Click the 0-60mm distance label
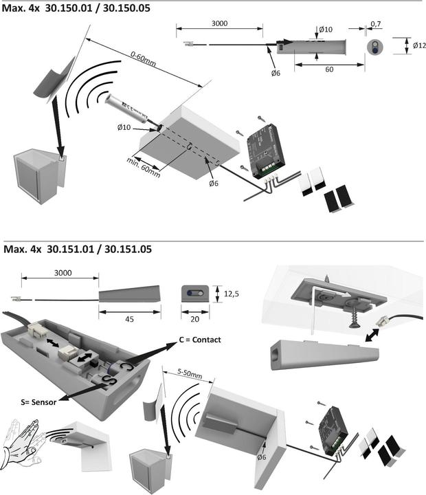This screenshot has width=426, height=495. coord(144,58)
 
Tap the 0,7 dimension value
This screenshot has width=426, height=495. coord(375,24)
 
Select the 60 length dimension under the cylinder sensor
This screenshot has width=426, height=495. coord(329,70)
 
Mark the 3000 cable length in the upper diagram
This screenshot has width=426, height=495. coord(219,23)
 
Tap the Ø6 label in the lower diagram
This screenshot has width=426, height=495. coord(262,457)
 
